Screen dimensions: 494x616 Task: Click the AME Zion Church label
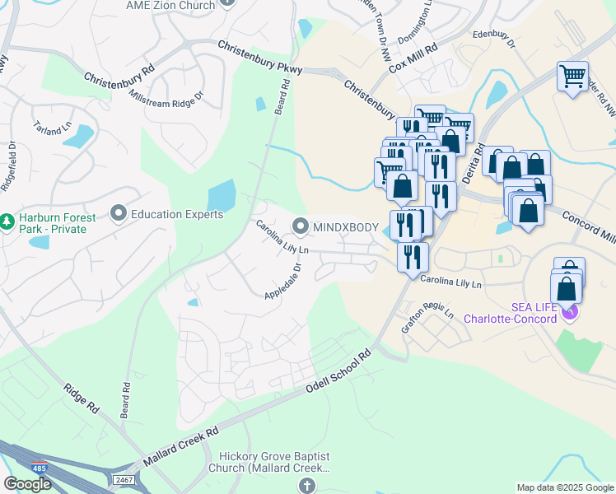(x=170, y=5)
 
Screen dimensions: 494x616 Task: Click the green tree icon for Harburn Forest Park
(x=7, y=221)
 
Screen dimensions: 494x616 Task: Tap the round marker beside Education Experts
(x=118, y=214)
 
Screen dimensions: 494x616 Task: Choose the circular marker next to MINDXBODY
(x=301, y=226)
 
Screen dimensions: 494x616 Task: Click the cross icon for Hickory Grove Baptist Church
(x=308, y=486)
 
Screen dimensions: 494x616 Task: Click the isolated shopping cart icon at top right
(x=572, y=77)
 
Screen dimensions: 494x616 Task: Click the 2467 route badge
(x=124, y=478)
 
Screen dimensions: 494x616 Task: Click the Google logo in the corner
(x=27, y=484)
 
